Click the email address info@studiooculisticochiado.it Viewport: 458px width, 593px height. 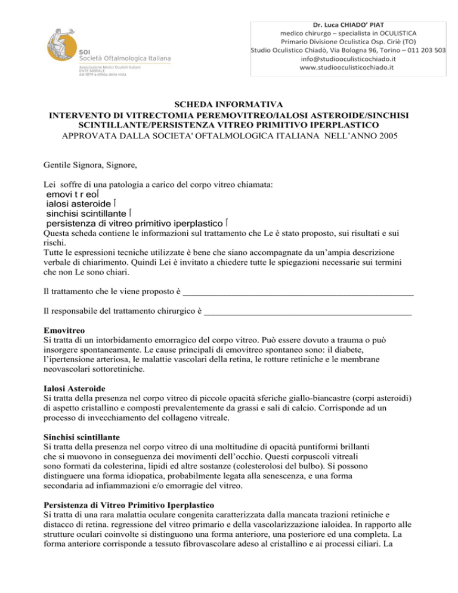point(349,59)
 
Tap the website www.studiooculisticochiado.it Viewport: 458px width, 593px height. point(349,69)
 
